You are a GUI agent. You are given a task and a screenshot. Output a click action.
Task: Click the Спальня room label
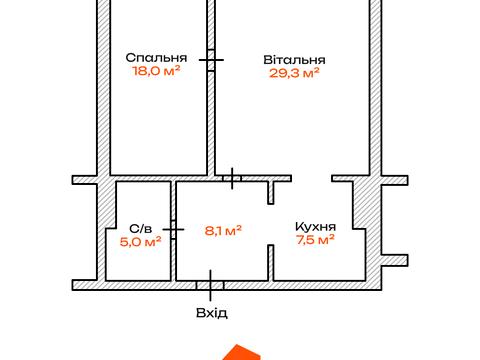click(x=156, y=57)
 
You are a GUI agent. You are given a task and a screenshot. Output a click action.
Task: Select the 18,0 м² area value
click(x=156, y=71)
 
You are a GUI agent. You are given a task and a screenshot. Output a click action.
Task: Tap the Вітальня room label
click(x=294, y=60)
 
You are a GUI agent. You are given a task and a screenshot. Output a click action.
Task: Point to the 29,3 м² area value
click(x=294, y=73)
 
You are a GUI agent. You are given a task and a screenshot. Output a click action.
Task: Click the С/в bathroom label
click(x=141, y=229)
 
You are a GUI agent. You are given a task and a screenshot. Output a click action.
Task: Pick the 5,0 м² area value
click(x=141, y=241)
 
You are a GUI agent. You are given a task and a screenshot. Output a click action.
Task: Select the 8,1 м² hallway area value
click(x=223, y=230)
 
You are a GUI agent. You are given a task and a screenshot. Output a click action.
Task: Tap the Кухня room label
click(x=315, y=227)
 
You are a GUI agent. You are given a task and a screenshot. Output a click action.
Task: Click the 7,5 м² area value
click(x=315, y=239)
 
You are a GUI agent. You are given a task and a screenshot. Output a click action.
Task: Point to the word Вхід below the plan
click(x=212, y=313)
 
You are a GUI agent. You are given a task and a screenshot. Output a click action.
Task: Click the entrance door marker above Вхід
click(x=210, y=285)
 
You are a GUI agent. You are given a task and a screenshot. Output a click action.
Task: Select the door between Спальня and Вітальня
click(x=211, y=60)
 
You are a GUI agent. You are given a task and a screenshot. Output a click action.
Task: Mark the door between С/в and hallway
click(x=173, y=229)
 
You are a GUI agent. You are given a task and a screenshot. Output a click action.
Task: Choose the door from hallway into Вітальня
click(x=232, y=178)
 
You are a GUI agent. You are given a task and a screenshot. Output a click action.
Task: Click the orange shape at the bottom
click(x=241, y=352)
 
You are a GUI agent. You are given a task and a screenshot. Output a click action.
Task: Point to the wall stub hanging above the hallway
click(x=271, y=193)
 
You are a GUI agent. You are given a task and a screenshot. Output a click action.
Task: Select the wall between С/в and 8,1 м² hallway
click(x=173, y=231)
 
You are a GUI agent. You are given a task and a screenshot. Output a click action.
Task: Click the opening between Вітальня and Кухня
click(x=312, y=178)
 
